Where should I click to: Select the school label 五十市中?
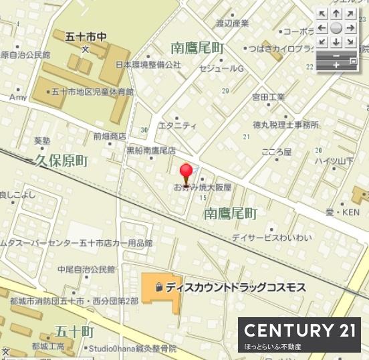[85, 36]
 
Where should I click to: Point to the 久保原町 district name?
[61, 161]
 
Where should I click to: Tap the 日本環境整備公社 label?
[148, 65]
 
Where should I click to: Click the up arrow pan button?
[336, 13]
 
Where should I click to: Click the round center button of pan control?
[336, 27]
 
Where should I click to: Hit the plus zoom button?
[336, 64]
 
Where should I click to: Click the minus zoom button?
[336, 54]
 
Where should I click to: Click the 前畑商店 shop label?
[109, 136]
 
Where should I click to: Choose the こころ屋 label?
[277, 152]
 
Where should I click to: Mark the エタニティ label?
[178, 125]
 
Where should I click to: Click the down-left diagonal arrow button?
[322, 41]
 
